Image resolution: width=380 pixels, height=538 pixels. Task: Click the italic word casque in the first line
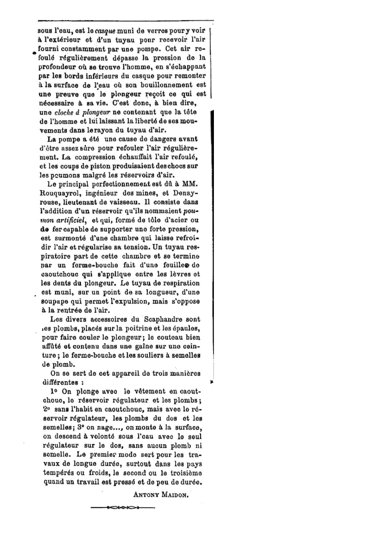105,31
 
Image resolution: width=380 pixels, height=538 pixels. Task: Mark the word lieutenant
79,202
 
